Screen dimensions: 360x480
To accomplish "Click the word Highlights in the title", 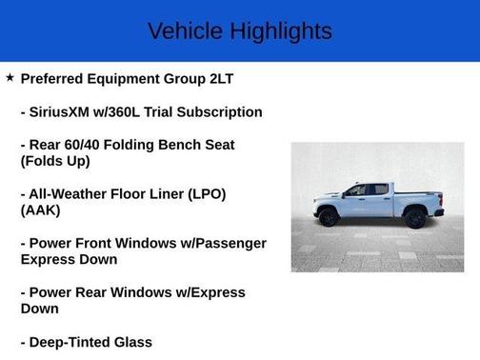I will [281, 31].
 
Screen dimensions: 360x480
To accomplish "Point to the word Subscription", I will [217, 111].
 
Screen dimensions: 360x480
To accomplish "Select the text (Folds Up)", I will [55, 161].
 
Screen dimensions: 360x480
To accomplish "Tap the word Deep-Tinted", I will [75, 342].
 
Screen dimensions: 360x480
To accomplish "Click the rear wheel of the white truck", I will [414, 217].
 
